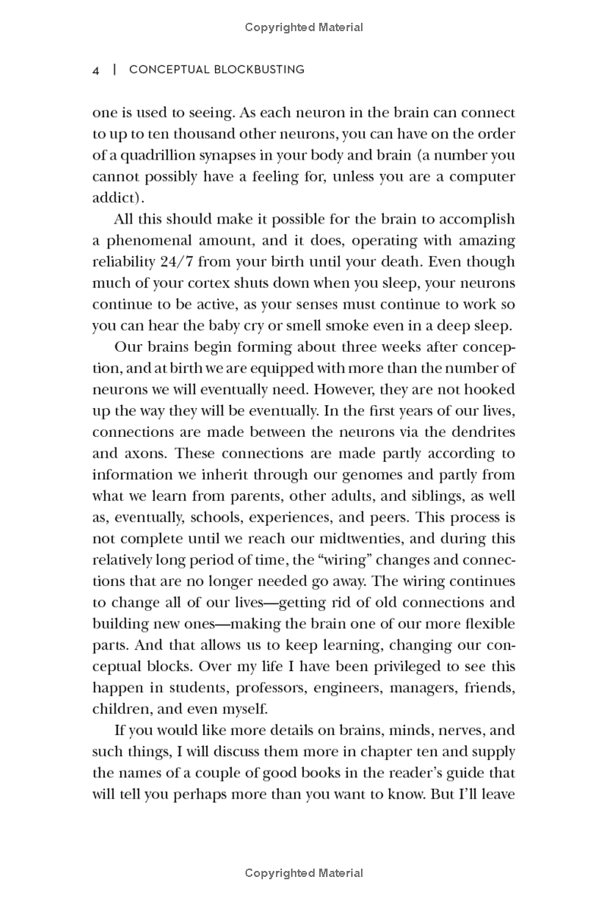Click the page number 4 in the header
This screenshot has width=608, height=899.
tap(96, 70)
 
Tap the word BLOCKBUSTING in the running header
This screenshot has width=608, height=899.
tap(259, 70)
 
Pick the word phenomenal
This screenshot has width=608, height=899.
tap(151, 241)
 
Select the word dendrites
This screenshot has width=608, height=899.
tap(483, 432)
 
